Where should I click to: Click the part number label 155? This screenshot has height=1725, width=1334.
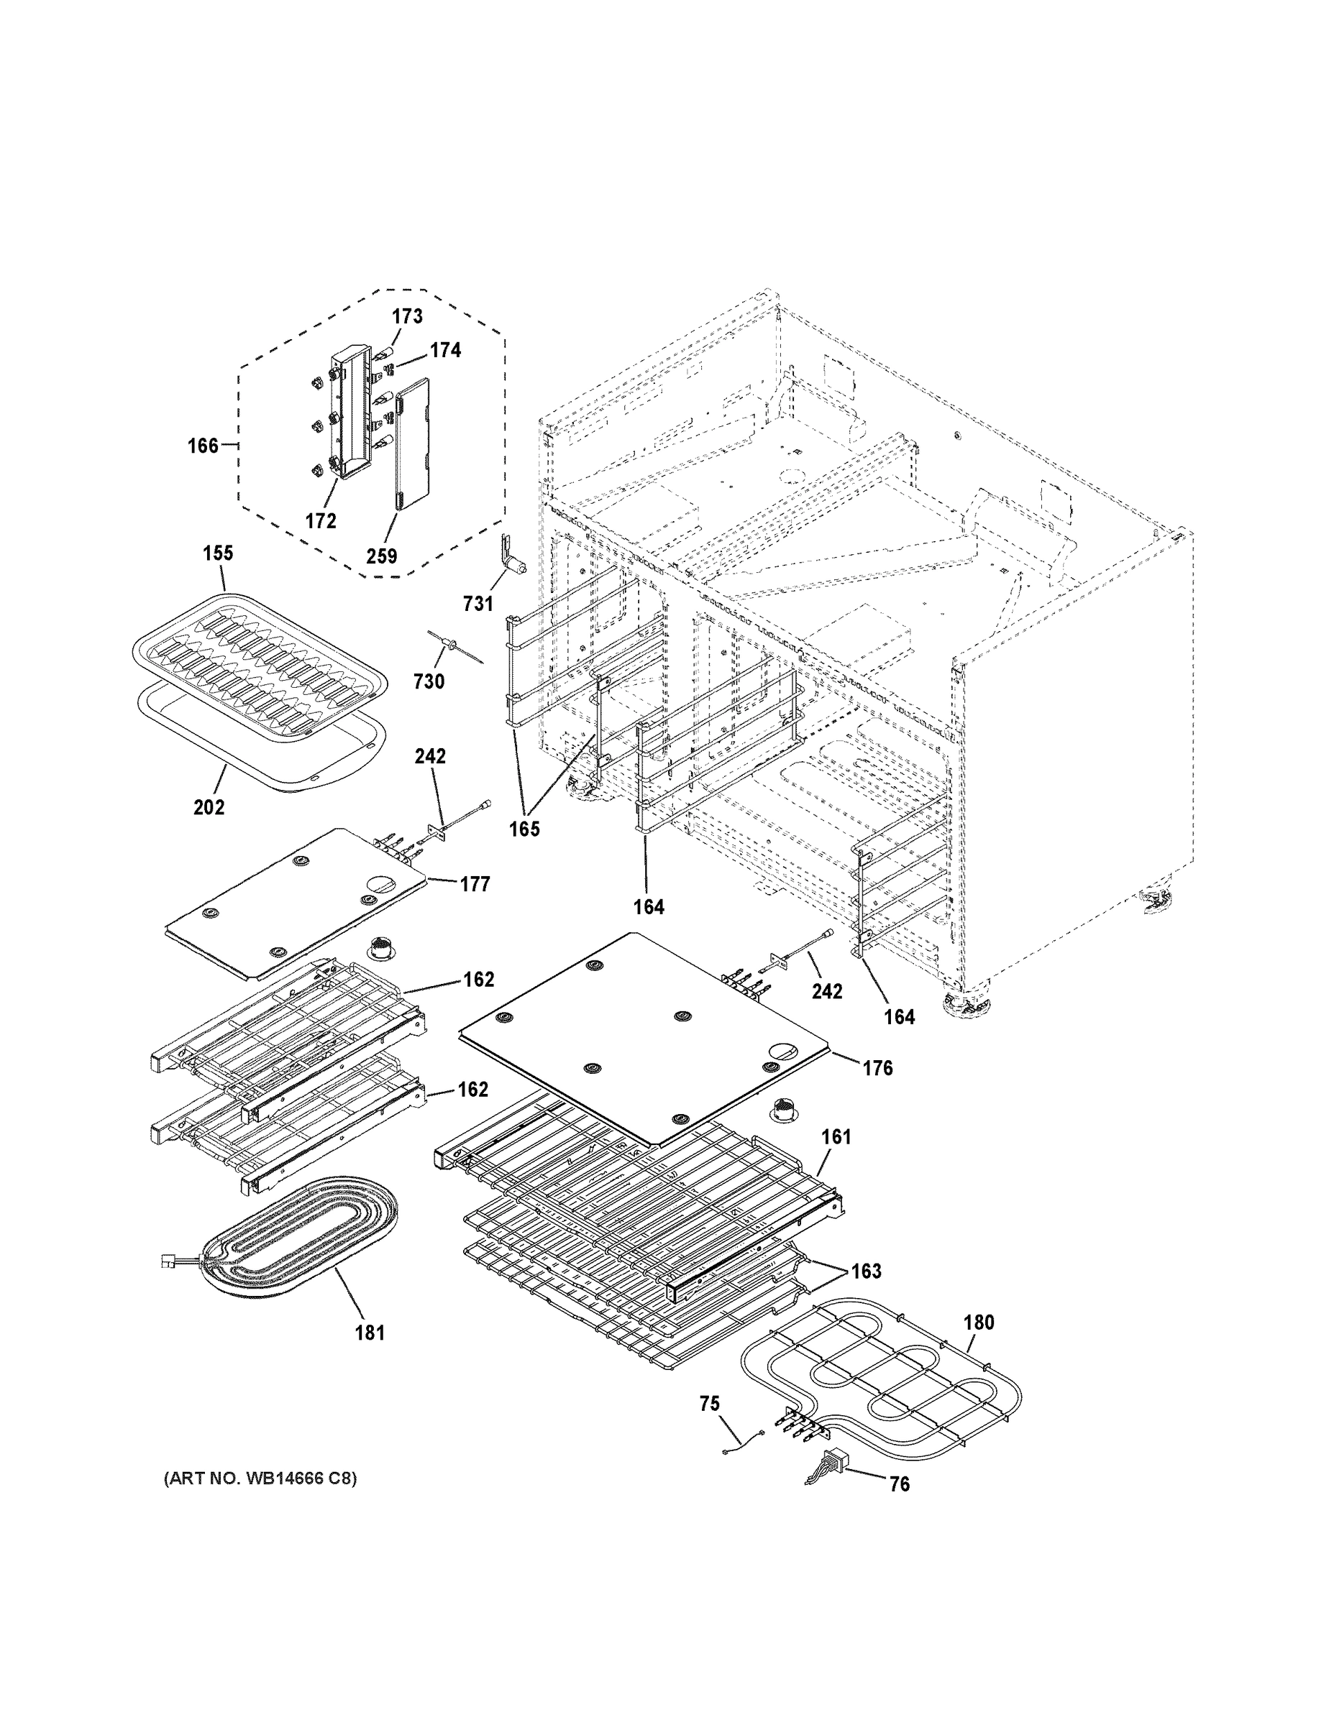[218, 553]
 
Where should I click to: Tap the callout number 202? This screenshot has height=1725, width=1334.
[209, 807]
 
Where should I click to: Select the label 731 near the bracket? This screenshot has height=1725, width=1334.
[478, 604]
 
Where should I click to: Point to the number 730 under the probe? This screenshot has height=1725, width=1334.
[429, 681]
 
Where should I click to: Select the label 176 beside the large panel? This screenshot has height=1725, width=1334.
[877, 1068]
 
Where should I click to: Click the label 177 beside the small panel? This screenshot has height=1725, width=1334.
[475, 884]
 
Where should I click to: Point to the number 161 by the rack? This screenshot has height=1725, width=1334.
[836, 1136]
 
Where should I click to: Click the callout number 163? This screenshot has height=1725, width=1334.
[866, 1271]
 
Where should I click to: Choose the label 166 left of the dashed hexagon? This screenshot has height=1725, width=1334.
[203, 446]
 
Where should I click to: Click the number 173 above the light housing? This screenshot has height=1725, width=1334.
[407, 317]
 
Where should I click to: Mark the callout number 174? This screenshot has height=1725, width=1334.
[445, 350]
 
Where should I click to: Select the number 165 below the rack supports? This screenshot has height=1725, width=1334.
[524, 829]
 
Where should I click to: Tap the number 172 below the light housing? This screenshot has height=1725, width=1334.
[321, 521]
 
